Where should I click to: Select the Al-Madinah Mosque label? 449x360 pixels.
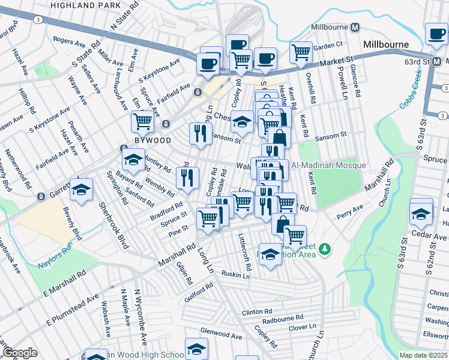click(328, 165)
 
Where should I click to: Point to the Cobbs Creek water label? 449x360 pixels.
click(411, 88)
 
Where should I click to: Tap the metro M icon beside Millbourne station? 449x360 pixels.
click(355, 27)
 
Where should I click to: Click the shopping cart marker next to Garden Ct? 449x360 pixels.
click(301, 52)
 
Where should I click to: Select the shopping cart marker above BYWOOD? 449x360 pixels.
click(143, 121)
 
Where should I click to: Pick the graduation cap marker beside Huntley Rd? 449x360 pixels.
click(133, 159)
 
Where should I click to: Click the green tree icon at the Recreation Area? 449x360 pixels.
click(325, 248)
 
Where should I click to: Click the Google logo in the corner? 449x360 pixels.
click(20, 352)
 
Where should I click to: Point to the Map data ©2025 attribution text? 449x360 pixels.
click(423, 355)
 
